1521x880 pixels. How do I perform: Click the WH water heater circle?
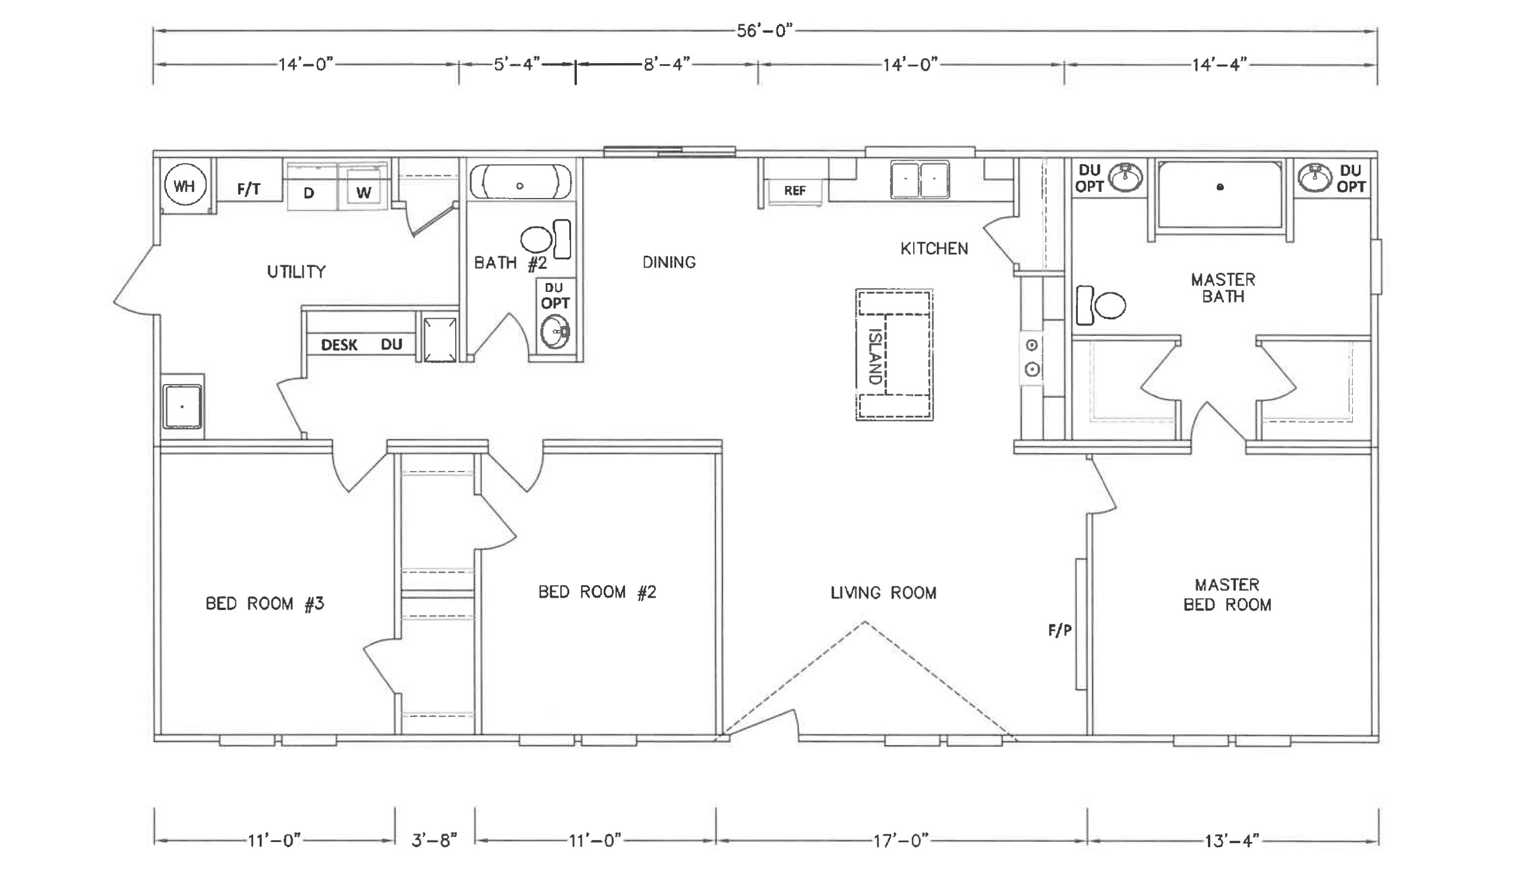pyautogui.click(x=185, y=186)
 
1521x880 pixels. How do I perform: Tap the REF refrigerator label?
pyautogui.click(x=795, y=191)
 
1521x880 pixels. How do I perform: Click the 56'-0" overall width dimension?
pyautogui.click(x=764, y=31)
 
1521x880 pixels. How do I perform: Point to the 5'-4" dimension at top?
pyautogui.click(x=517, y=64)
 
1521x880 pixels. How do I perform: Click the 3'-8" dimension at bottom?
pyautogui.click(x=434, y=840)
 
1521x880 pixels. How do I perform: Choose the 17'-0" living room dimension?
pyautogui.click(x=901, y=840)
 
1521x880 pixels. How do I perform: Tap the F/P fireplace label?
pyautogui.click(x=1060, y=630)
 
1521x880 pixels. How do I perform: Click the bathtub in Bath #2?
pyautogui.click(x=521, y=181)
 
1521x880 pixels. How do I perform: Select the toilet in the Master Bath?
pyautogui.click(x=1101, y=305)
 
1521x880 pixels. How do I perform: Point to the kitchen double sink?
pyautogui.click(x=920, y=180)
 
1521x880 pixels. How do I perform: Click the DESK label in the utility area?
pyautogui.click(x=339, y=345)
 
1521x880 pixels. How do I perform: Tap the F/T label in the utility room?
pyautogui.click(x=249, y=190)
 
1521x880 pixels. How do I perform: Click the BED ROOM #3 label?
pyautogui.click(x=265, y=604)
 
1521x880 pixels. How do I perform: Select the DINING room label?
pyautogui.click(x=670, y=262)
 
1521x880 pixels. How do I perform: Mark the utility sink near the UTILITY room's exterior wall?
pyautogui.click(x=182, y=406)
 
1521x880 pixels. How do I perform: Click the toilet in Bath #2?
pyautogui.click(x=545, y=240)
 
